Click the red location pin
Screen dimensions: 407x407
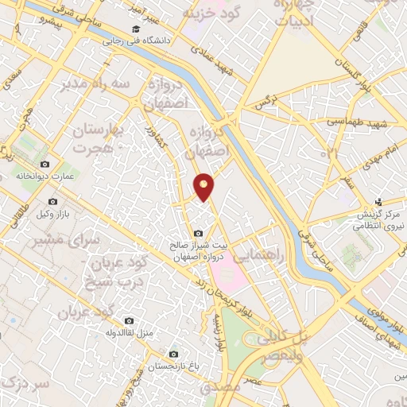[x=205, y=185]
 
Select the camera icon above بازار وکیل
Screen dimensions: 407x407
[x=53, y=202]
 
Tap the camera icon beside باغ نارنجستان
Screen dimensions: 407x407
[x=173, y=355]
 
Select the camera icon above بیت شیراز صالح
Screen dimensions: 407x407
[x=197, y=232]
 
